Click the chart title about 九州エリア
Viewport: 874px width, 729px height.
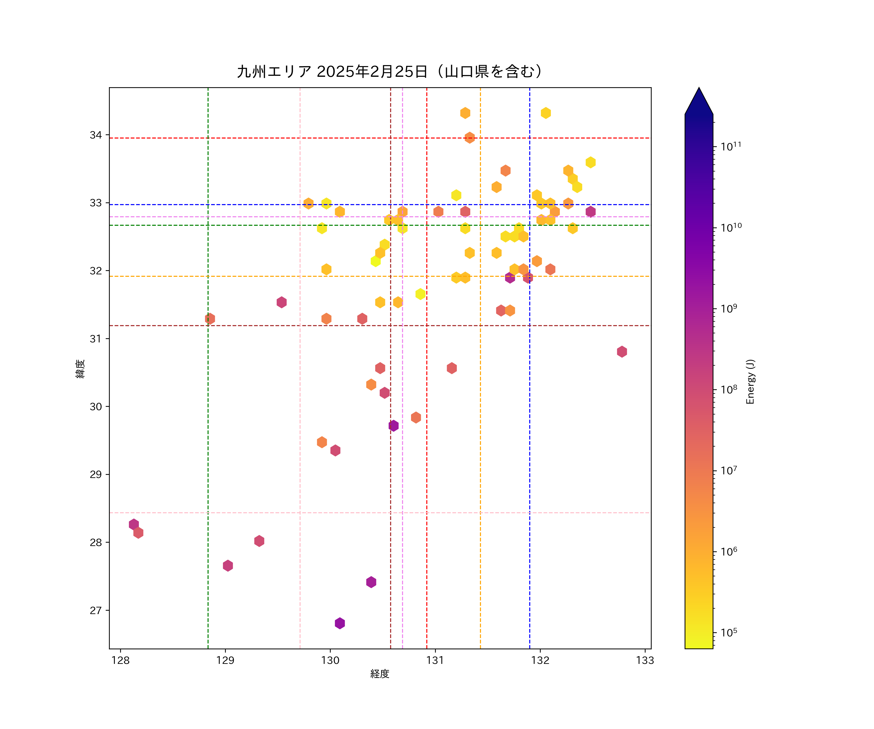pyautogui.click(x=390, y=72)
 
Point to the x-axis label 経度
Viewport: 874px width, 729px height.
pyautogui.click(x=379, y=674)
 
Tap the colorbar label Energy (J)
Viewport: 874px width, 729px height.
pyautogui.click(x=750, y=381)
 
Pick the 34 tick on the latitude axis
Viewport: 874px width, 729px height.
pyautogui.click(x=96, y=135)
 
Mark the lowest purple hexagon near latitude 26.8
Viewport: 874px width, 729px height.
pyautogui.click(x=340, y=623)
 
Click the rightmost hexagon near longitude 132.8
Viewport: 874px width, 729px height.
pyautogui.click(x=622, y=352)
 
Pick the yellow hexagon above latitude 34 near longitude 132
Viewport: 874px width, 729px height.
pyautogui.click(x=546, y=113)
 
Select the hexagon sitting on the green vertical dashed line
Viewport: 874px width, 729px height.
pyautogui.click(x=210, y=319)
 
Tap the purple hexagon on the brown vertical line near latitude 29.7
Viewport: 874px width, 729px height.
pyautogui.click(x=393, y=426)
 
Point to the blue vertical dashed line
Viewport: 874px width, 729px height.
pyautogui.click(x=529, y=458)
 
